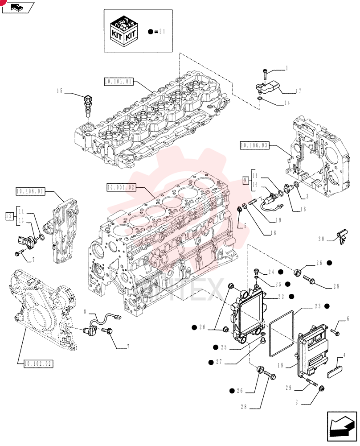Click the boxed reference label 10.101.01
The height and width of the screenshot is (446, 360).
click(x=119, y=82)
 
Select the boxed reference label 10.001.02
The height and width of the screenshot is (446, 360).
click(x=121, y=187)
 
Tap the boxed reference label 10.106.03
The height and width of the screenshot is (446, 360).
click(x=254, y=145)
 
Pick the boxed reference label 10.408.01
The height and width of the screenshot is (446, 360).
click(x=30, y=191)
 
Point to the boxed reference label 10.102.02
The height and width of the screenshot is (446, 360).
click(x=38, y=363)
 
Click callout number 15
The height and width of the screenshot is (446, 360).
click(x=59, y=91)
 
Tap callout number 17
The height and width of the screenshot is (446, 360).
click(x=298, y=91)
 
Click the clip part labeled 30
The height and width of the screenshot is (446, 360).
click(x=342, y=236)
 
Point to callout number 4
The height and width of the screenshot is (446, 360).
click(x=344, y=355)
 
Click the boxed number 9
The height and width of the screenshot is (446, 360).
click(x=245, y=180)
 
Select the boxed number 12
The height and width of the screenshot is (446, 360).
click(x=9, y=216)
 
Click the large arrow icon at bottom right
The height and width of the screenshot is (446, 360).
click(x=342, y=427)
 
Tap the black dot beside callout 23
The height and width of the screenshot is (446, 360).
click(x=327, y=306)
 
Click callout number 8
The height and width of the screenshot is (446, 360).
click(x=85, y=312)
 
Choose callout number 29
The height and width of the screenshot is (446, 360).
click(x=289, y=388)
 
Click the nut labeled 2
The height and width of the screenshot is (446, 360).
click(x=322, y=388)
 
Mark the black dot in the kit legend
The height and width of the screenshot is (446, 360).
click(x=151, y=32)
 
